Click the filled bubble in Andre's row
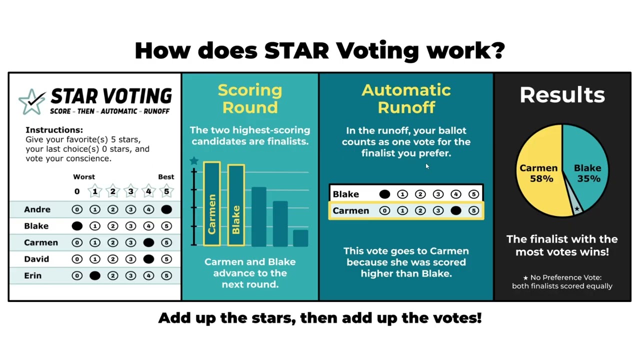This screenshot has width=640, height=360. tap(166, 209)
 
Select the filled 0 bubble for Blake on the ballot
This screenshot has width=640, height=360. tap(77, 226)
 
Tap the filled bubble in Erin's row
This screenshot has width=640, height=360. tap(95, 275)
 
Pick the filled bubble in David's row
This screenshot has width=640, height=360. tap(148, 259)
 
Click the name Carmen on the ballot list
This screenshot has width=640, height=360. tap(41, 242)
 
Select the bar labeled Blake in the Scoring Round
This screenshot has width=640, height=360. tap(236, 205)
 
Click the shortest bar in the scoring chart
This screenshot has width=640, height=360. tap(300, 238)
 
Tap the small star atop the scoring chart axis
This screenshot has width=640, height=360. tap(194, 161)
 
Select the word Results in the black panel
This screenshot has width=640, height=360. tap(562, 95)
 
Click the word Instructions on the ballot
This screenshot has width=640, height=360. tap(54, 130)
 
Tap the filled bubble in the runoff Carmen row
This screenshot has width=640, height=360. tap(455, 211)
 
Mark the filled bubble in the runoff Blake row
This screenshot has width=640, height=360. tap(384, 194)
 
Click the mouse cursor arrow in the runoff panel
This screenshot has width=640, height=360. tap(427, 166)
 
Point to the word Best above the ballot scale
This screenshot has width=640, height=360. tap(166, 177)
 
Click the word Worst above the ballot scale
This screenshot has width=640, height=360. tap(84, 177)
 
